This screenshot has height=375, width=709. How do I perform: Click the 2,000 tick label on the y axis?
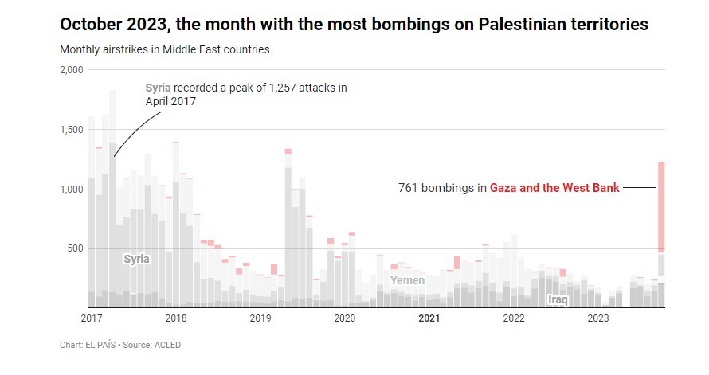[72, 70]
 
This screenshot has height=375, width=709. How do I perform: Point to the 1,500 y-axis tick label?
[72, 130]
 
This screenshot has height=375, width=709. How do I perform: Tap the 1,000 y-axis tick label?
[72, 189]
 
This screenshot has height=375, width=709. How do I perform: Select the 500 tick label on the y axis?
[76, 248]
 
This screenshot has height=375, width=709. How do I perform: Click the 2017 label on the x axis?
[92, 318]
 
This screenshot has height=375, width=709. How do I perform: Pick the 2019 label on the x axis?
[260, 318]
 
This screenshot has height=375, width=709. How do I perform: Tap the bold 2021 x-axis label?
[429, 318]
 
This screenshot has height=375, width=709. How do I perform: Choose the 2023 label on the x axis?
[597, 318]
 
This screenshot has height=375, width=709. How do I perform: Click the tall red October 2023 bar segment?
[661, 207]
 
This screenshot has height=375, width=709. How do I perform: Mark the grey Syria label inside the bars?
[137, 259]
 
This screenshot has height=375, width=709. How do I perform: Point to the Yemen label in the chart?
[407, 280]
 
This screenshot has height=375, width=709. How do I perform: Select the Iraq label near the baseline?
[558, 299]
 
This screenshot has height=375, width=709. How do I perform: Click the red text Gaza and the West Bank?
[554, 188]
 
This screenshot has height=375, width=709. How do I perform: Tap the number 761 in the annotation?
[408, 188]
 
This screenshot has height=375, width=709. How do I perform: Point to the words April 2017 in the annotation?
[170, 101]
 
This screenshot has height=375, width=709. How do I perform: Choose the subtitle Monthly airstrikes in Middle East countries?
[165, 49]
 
